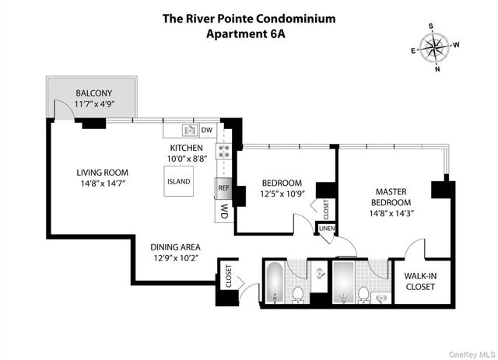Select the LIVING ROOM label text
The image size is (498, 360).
coord(102,173)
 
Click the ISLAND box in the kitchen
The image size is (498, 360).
coord(177,181)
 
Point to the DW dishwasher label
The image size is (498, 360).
coord(207,130)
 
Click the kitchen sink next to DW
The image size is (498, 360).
coord(188,130)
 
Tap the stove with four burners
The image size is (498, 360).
coord(223,152)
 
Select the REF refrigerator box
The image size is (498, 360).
coord(223,187)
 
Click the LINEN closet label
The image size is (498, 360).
coord(325,229)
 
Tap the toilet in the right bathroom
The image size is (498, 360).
coord(363,294)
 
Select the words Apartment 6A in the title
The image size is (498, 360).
coord(248,33)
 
